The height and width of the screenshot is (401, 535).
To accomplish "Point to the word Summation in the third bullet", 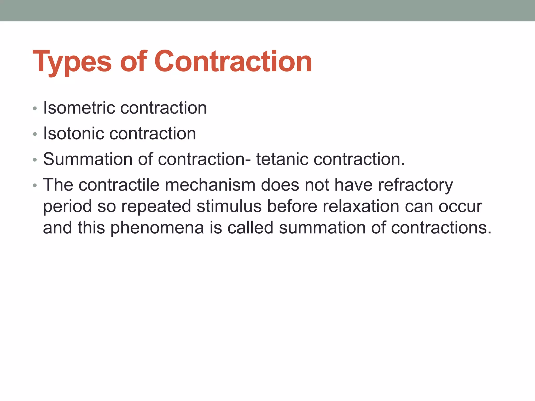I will [x=88, y=159].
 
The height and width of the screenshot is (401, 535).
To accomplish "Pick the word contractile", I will [x=119, y=185].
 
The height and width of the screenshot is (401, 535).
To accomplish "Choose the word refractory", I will [x=415, y=185].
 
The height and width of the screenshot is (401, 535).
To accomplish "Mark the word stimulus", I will [x=229, y=206].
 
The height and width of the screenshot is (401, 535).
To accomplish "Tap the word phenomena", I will [x=157, y=228].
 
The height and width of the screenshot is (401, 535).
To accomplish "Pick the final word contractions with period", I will [x=441, y=228].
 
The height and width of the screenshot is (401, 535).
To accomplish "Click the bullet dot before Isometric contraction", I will [x=35, y=108].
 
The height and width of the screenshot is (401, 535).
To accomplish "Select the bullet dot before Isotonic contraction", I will [x=35, y=134].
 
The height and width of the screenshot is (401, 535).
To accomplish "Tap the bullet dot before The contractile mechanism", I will [x=35, y=186].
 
